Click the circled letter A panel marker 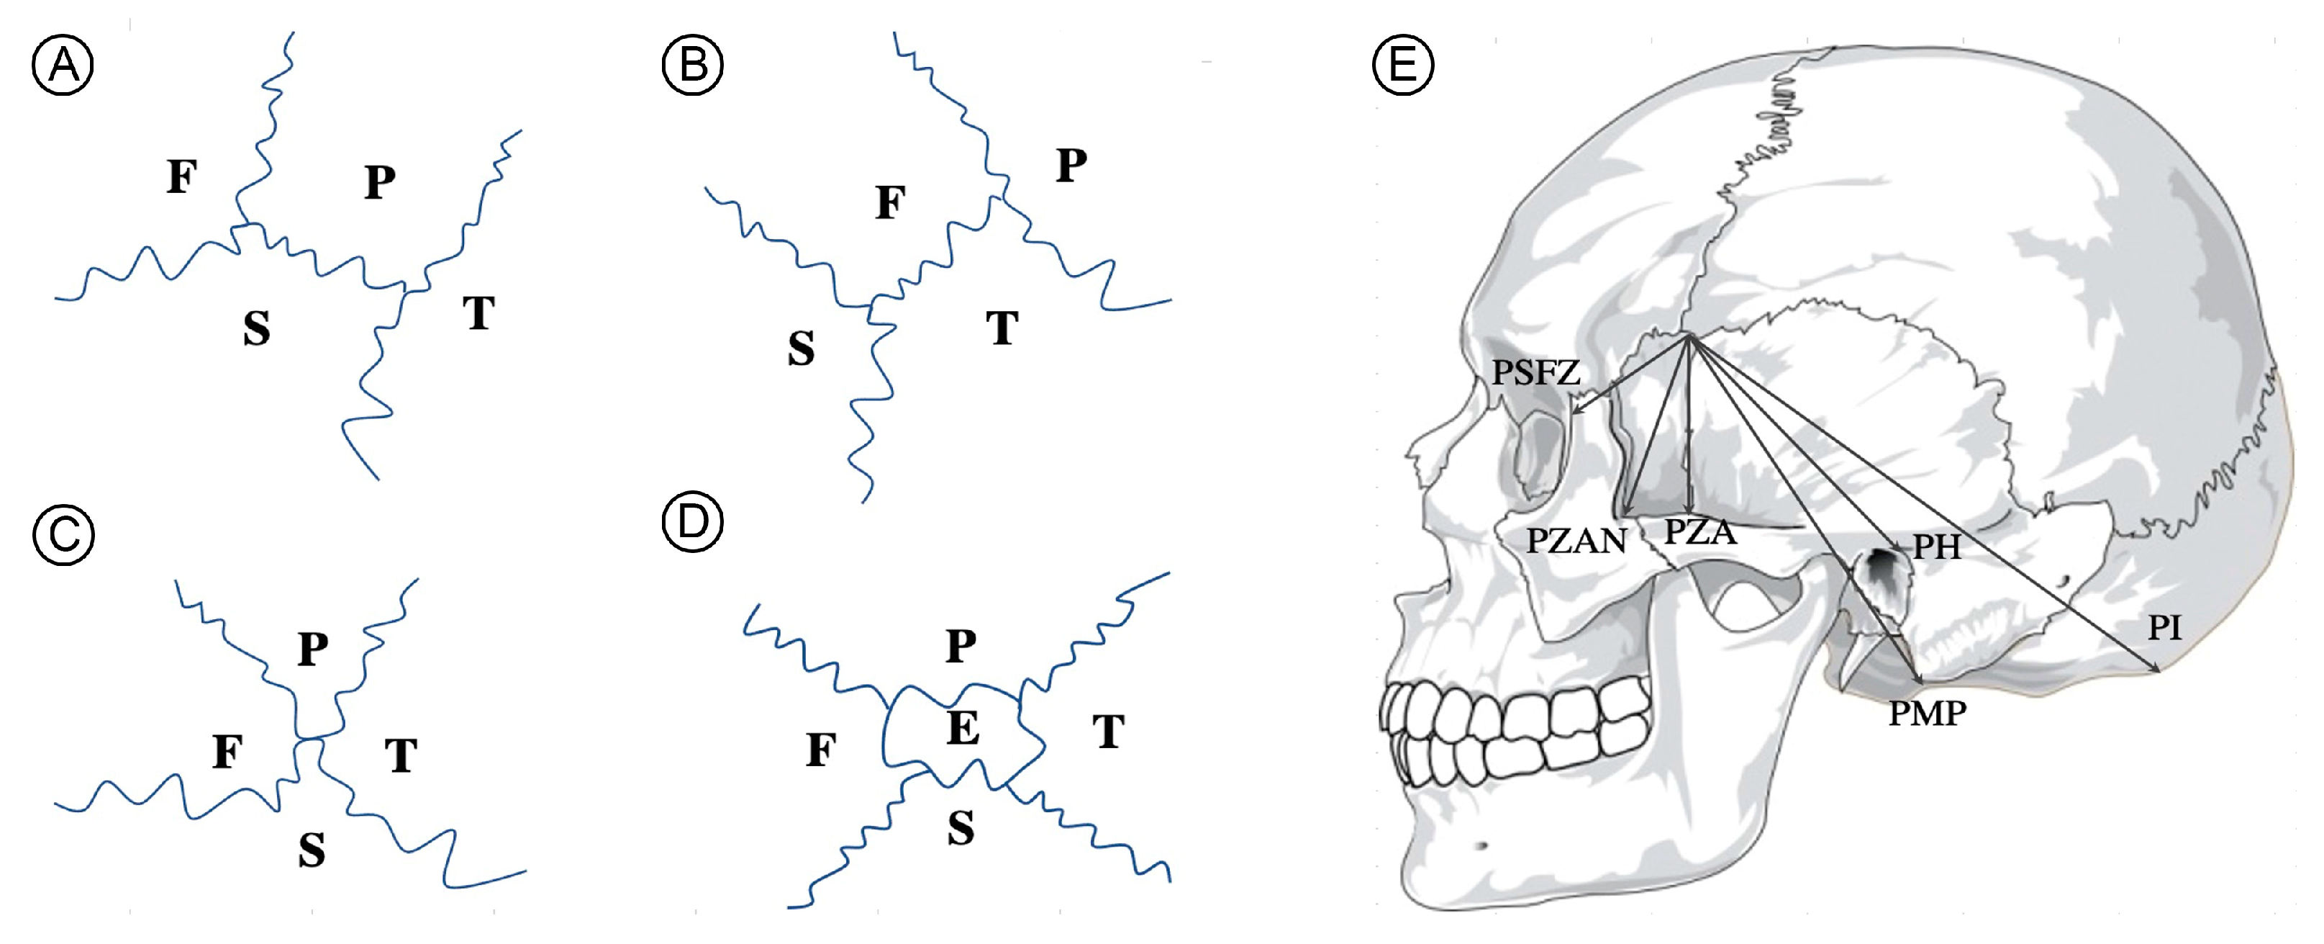(x=63, y=64)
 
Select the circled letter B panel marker (x=692, y=64)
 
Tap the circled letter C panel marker (x=63, y=534)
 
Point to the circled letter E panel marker (x=1402, y=64)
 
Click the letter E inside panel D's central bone (x=963, y=727)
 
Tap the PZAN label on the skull (x=1576, y=541)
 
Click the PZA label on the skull (x=1699, y=532)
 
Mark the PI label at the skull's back (x=2164, y=627)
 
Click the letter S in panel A (x=257, y=328)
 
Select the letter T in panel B (x=1002, y=328)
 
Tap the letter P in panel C (x=313, y=649)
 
